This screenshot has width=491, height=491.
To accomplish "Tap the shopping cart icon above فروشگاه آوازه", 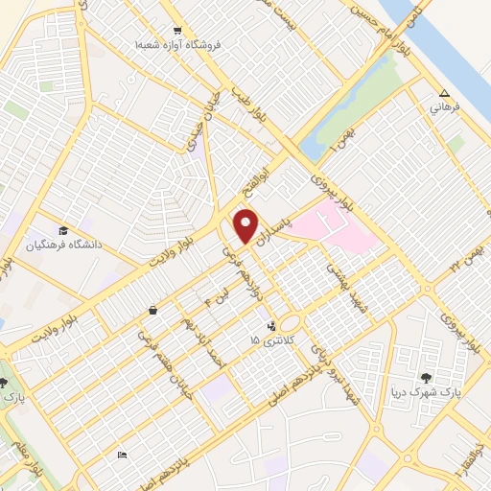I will pyautogui.click(x=175, y=29).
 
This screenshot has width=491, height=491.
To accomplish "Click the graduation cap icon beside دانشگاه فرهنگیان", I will pyautogui.click(x=63, y=230).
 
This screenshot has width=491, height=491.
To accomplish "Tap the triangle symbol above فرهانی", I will pyautogui.click(x=443, y=93).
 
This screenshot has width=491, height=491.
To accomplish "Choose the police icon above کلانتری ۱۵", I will pyautogui.click(x=272, y=326).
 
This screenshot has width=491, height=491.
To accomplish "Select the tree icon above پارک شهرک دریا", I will pyautogui.click(x=425, y=377).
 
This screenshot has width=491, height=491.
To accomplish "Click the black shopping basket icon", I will pyautogui.click(x=153, y=311).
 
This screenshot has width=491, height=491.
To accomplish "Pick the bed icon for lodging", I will pyautogui.click(x=120, y=454).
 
